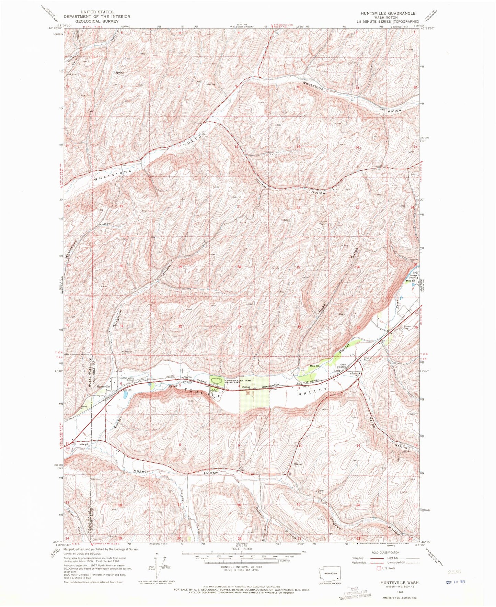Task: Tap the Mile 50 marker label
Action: (x=315, y=366)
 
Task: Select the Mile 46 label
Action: (x=84, y=445)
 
